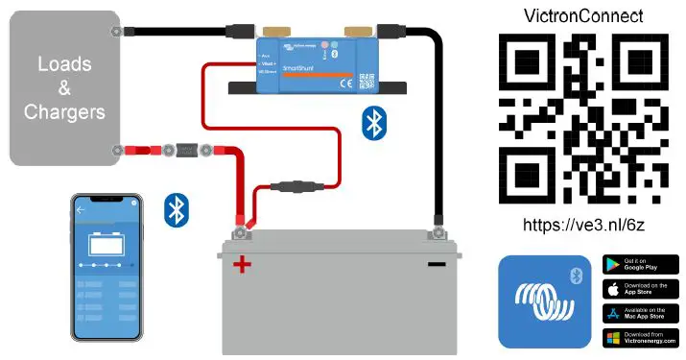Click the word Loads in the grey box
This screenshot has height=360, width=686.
click(x=64, y=64)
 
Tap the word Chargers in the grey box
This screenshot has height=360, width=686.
click(x=64, y=112)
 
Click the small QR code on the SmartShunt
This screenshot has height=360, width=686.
click(x=366, y=82)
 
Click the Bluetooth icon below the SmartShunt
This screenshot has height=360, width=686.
click(x=373, y=124)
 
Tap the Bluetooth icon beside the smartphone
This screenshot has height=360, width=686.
click(x=176, y=209)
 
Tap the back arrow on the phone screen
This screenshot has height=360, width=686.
click(x=82, y=208)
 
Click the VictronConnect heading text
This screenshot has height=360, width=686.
click(x=583, y=16)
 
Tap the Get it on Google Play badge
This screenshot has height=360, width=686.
click(x=640, y=264)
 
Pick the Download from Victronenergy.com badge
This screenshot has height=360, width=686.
click(x=640, y=338)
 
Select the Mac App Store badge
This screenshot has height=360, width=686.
click(x=640, y=313)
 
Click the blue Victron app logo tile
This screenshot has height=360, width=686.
click(x=542, y=300)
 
